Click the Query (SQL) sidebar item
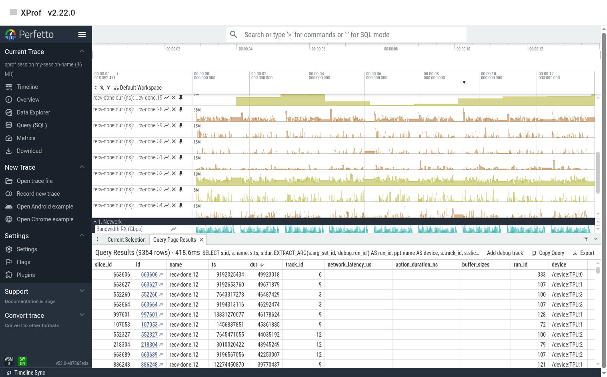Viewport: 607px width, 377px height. click(32, 125)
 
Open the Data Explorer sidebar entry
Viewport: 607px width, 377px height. click(33, 112)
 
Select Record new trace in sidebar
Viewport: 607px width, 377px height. click(38, 194)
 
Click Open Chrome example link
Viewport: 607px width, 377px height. click(45, 219)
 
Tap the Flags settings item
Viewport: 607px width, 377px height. click(23, 262)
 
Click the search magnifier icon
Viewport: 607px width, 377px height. click(234, 35)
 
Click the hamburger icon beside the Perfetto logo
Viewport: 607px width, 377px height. click(82, 34)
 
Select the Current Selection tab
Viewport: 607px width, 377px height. click(126, 240)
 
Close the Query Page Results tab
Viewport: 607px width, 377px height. click(201, 240)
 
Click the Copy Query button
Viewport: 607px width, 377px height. click(548, 253)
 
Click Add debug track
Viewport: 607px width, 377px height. click(505, 253)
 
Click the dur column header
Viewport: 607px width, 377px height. click(254, 265)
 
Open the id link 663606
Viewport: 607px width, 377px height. click(149, 275)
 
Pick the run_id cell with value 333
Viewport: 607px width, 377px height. click(541, 275)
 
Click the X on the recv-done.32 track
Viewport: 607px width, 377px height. click(174, 173)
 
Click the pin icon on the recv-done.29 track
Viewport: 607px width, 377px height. click(181, 125)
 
